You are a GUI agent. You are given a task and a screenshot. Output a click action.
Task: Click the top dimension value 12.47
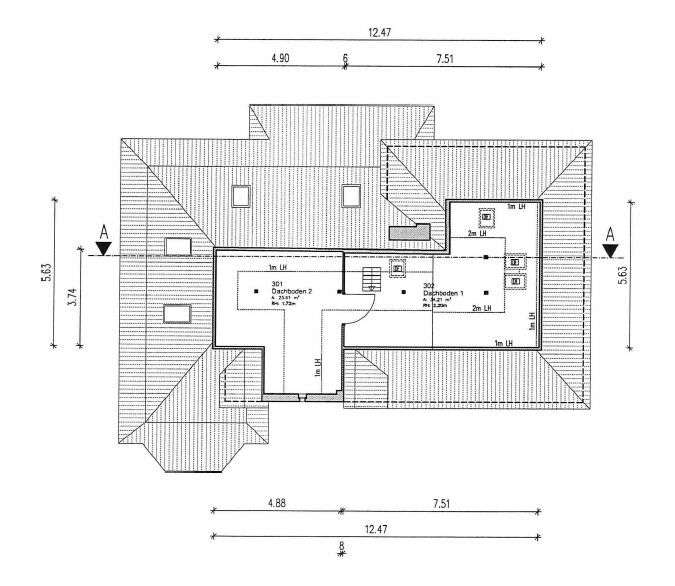pos(379,32)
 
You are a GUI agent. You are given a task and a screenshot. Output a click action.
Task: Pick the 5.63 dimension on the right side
pos(622,276)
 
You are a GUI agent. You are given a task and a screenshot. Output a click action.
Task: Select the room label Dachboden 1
pos(437,292)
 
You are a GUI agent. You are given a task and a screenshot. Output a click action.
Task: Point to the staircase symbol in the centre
pos(371,277)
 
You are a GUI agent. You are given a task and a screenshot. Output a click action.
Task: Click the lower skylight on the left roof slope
pos(178,314)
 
